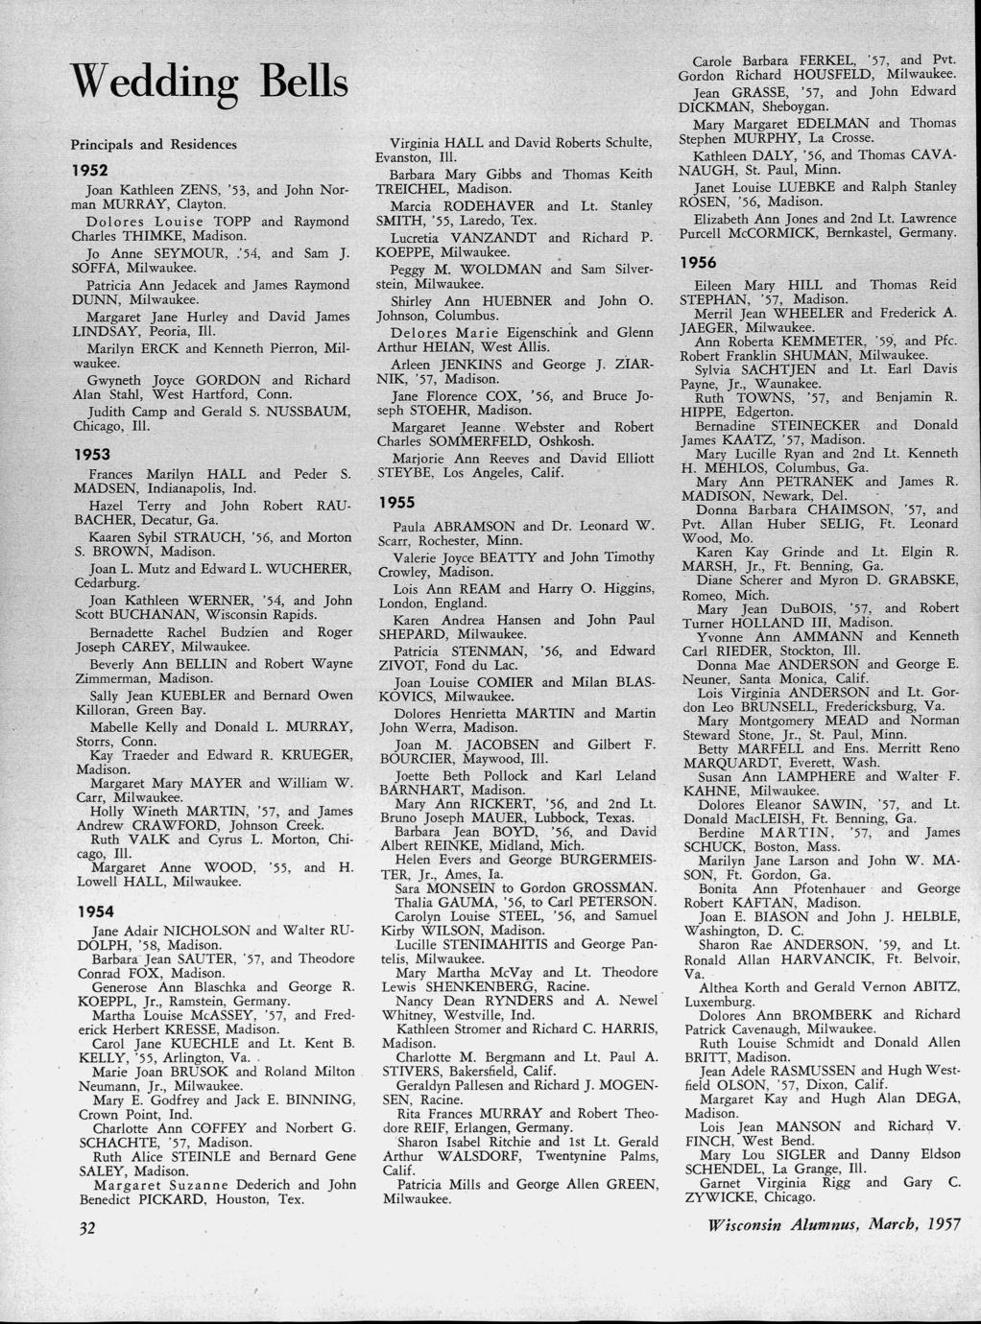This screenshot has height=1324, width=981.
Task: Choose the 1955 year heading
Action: (397, 502)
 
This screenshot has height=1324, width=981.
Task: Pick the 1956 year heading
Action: (698, 262)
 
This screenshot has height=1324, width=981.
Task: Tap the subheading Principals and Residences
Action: (154, 145)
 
